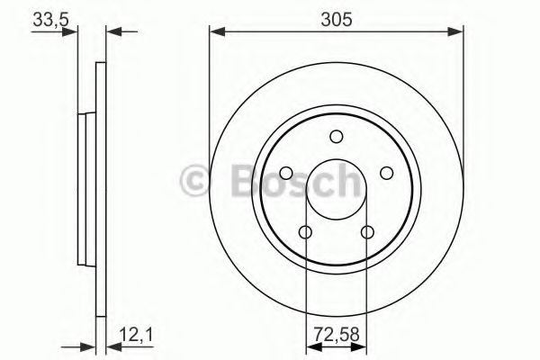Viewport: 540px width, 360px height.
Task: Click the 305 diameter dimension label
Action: click(337, 16)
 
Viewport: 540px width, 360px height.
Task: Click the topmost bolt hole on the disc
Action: click(337, 137)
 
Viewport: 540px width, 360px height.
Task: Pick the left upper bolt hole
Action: click(285, 174)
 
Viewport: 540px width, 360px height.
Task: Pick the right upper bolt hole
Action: click(387, 174)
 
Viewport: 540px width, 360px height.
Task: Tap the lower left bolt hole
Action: click(305, 233)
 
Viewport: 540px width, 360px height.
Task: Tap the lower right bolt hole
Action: click(367, 233)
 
